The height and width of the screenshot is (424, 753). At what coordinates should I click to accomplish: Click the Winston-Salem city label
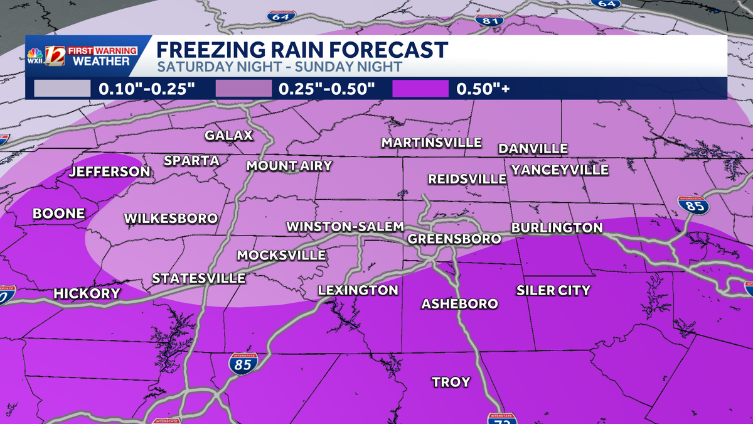click(344, 227)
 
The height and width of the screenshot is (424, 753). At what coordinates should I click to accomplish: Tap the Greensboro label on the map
click(454, 239)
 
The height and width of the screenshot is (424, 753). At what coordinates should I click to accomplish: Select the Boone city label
click(59, 214)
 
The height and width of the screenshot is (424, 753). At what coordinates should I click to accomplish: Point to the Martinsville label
click(432, 143)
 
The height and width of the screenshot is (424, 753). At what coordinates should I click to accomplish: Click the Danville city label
click(533, 149)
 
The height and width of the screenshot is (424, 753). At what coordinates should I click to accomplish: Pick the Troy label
click(451, 382)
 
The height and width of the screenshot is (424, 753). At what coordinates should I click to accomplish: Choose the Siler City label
click(553, 290)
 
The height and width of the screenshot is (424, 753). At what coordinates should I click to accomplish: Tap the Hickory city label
click(87, 293)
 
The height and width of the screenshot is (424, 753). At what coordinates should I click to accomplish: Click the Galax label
click(228, 135)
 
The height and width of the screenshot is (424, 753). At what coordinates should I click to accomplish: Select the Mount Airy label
click(289, 166)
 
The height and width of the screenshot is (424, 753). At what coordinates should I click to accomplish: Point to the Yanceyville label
click(560, 170)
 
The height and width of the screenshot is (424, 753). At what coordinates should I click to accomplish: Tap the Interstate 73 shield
click(499, 417)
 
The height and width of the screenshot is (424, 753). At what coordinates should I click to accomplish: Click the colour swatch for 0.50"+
click(420, 89)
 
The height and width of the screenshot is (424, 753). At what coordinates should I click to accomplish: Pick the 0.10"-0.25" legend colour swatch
click(62, 89)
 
